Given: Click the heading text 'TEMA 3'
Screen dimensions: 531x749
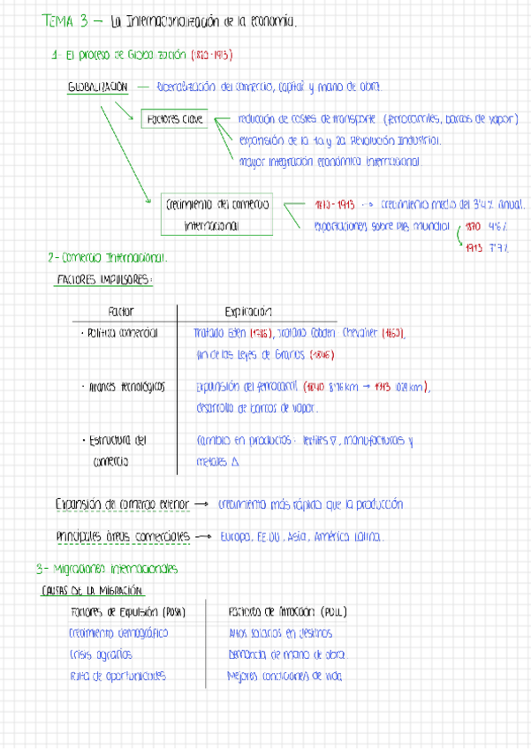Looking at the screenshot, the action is coord(62,21).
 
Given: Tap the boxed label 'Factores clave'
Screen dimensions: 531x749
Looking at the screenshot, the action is coord(174,118).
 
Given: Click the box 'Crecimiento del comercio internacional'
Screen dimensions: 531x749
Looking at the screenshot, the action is coord(216,215).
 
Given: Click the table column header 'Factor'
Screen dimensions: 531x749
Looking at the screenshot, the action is coord(120,312).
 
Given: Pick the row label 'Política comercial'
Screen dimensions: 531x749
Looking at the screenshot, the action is coord(119,334).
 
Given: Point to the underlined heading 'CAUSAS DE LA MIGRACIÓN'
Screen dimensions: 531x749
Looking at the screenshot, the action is coord(93,589).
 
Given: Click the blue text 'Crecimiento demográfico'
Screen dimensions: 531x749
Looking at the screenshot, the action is coord(118,632).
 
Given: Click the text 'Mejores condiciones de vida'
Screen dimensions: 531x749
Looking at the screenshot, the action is coord(284,677).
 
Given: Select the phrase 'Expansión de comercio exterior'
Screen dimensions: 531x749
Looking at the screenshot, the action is coord(122,504).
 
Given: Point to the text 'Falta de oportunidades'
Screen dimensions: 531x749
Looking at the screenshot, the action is coord(117,677).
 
